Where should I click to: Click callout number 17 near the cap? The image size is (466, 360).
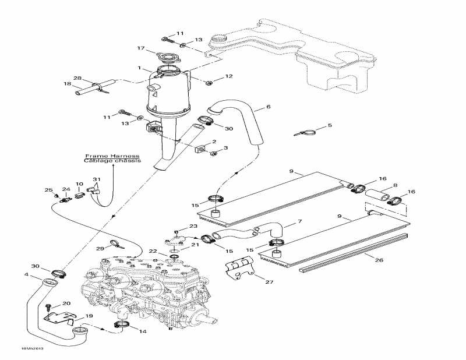click(140, 48)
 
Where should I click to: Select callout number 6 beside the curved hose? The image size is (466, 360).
click(268, 107)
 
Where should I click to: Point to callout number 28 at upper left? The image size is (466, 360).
click(77, 78)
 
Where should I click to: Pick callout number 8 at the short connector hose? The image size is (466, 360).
click(395, 186)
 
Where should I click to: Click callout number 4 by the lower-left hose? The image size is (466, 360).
click(26, 274)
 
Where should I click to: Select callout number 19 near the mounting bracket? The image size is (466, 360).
click(89, 316)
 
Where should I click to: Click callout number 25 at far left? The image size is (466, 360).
click(49, 190)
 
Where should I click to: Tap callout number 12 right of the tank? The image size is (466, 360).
click(228, 76)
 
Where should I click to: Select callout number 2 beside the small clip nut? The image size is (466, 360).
click(214, 142)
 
